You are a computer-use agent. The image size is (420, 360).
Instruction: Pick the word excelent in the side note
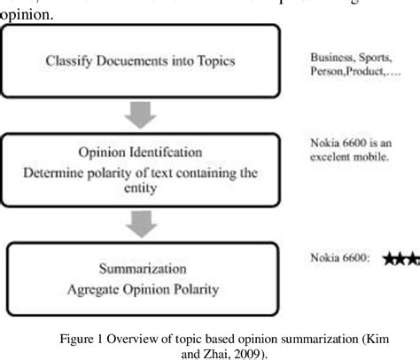333,156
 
